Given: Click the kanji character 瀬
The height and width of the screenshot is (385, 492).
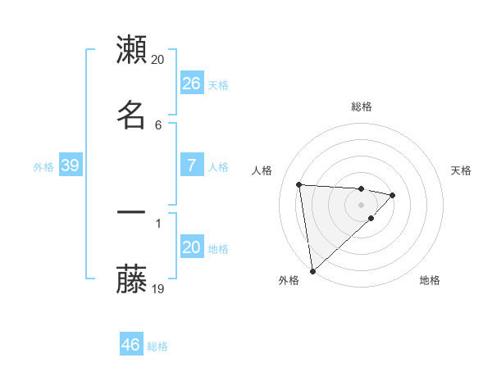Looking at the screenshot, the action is [x=132, y=50].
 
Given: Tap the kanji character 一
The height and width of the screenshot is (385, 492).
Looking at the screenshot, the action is [x=132, y=212].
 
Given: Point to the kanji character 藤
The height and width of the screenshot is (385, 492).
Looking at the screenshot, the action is [x=132, y=281].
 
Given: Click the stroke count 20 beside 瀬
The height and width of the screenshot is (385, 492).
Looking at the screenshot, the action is [x=158, y=60].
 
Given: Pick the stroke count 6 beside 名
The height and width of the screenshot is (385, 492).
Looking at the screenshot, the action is [x=158, y=125].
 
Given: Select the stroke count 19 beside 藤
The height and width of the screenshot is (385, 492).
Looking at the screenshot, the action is [x=158, y=288].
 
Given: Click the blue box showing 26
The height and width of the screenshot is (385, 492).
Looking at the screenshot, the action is [x=191, y=83].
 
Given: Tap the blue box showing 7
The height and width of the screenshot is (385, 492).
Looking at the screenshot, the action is [x=191, y=165].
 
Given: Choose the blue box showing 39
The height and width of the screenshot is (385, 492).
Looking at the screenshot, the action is [x=70, y=165].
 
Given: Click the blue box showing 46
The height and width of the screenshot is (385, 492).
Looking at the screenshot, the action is [x=130, y=345].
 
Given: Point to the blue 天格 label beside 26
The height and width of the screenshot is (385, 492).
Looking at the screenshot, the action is [x=218, y=84].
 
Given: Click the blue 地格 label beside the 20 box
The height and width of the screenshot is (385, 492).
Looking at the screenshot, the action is [x=218, y=249].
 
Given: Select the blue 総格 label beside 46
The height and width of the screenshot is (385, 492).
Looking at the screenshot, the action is [x=157, y=346].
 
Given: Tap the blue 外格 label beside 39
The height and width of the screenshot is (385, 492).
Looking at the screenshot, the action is [x=43, y=167].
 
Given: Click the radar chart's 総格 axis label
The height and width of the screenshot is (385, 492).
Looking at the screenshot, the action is [x=362, y=106].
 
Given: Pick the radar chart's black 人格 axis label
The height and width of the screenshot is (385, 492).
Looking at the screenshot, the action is [x=263, y=170].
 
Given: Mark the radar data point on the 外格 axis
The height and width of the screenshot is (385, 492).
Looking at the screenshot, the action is [x=312, y=270].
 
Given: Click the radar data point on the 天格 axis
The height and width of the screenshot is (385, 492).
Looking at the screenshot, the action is [x=393, y=195].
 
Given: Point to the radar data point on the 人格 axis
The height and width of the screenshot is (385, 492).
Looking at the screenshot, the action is [x=299, y=184].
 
